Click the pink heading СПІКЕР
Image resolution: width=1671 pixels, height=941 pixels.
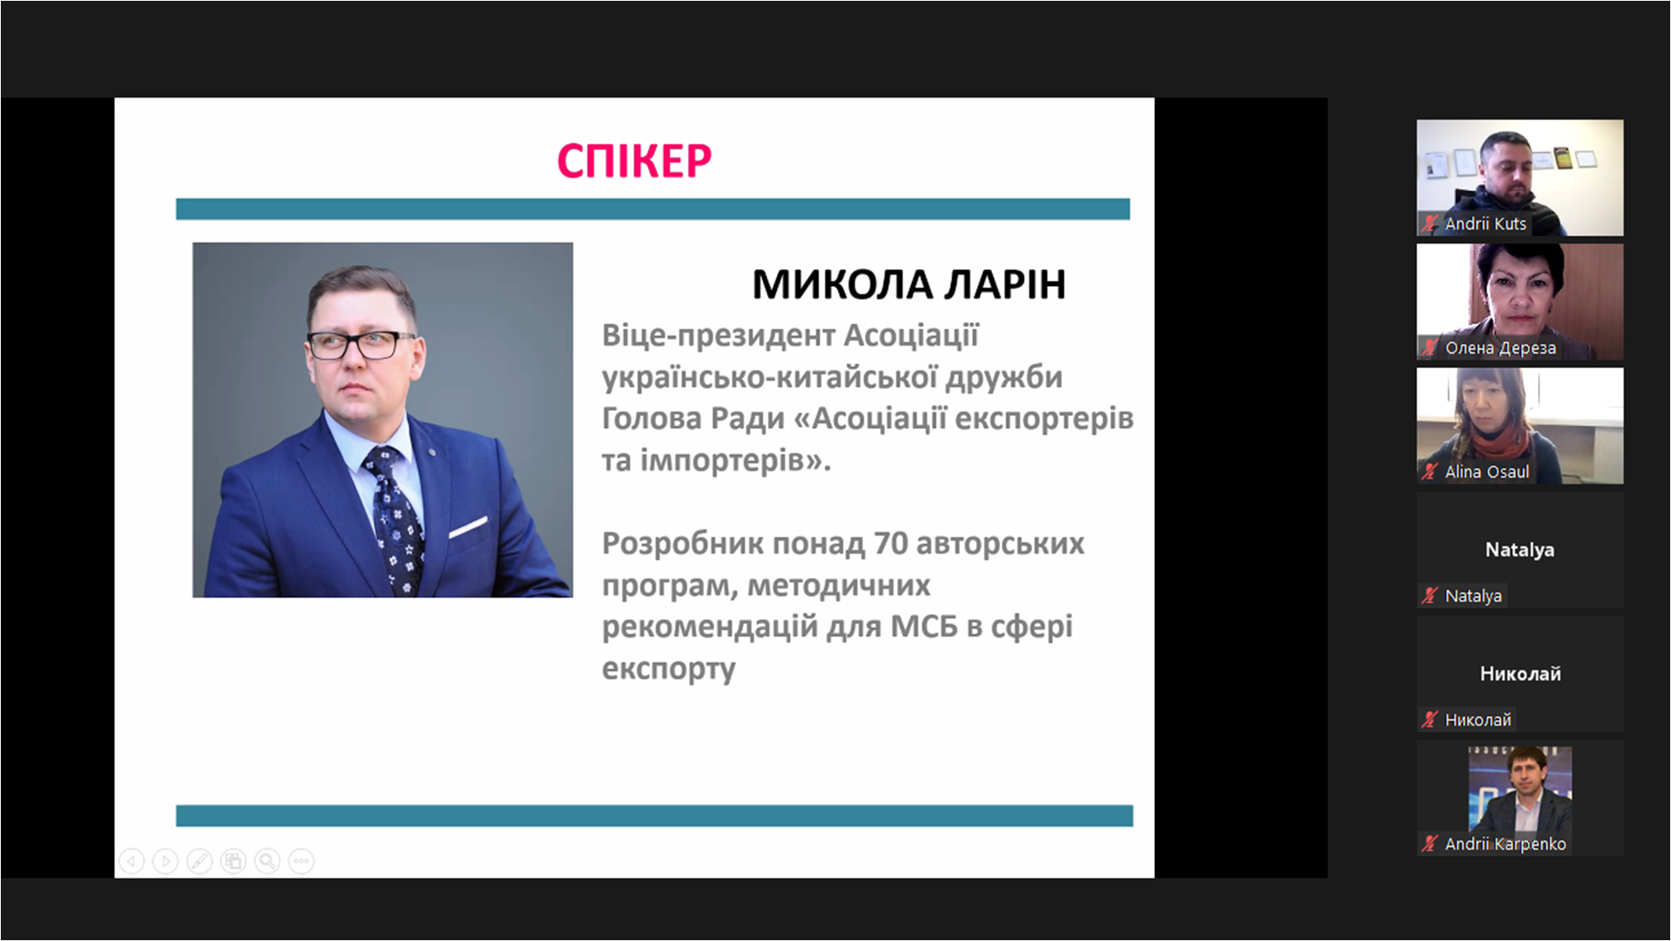[x=634, y=160]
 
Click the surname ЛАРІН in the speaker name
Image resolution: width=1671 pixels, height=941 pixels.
[x=1005, y=284]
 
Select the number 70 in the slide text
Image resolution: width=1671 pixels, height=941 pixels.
[x=890, y=543]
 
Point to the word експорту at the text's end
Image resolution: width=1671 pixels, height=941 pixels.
[x=668, y=669]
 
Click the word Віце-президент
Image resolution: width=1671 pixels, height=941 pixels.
[x=719, y=336]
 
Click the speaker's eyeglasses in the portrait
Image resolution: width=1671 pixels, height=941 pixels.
[x=361, y=344]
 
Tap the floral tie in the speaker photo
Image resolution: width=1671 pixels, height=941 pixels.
[x=394, y=517]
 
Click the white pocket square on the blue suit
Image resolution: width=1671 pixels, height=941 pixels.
[x=469, y=527]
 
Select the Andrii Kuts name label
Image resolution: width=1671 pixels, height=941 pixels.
[x=1485, y=223]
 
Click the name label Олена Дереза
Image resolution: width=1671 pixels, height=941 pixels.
[x=1500, y=348]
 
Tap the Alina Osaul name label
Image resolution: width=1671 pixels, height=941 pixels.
[x=1487, y=471]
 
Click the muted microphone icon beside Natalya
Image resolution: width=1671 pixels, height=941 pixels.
[x=1430, y=595]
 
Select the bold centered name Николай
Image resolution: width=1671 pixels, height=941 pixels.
[x=1520, y=674]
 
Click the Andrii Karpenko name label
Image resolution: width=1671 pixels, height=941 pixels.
[x=1505, y=843]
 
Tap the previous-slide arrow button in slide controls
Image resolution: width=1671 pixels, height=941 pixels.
[x=131, y=862]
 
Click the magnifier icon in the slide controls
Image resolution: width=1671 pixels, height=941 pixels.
[x=267, y=862]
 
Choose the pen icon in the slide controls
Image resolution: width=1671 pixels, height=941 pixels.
[x=199, y=862]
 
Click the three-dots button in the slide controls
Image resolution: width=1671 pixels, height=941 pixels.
[x=301, y=862]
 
